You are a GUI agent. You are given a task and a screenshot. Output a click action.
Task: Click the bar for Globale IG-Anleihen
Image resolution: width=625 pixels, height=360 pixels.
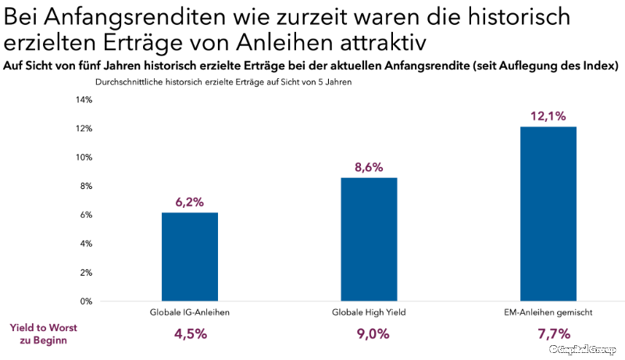190,257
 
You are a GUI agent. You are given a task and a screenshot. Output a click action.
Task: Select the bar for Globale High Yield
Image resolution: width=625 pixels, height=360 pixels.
369,240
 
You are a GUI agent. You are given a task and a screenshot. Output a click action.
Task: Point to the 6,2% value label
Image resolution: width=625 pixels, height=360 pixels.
190,202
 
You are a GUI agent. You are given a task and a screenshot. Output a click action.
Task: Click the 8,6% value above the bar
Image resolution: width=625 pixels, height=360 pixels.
369,168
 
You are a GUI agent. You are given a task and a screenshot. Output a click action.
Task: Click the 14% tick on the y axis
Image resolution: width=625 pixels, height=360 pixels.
84,100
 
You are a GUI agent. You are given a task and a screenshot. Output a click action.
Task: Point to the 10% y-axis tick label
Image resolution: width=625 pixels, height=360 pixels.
84,157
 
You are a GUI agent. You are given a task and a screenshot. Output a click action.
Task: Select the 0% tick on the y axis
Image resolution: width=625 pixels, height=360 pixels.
87,301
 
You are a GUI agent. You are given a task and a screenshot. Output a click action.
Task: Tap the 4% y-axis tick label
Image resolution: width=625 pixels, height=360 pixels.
87,244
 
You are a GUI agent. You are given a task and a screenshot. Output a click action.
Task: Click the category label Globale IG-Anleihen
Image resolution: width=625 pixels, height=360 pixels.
190,312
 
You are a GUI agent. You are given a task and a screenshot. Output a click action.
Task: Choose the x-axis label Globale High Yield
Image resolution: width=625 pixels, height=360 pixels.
369,312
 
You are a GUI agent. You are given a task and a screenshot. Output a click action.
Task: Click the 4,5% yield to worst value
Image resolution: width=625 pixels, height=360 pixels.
190,334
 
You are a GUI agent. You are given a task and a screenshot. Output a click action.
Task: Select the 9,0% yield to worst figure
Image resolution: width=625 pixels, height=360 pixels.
369,334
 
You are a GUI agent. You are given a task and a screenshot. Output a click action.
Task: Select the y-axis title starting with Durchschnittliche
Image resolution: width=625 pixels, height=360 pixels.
223,82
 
